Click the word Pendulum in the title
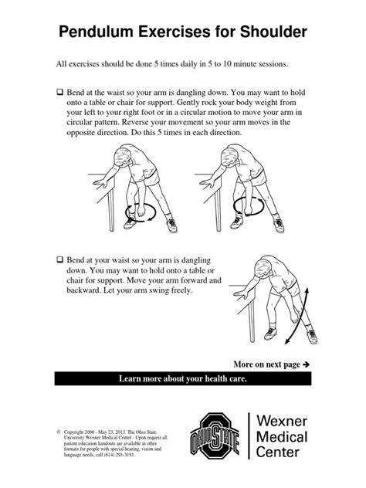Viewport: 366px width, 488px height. [97, 32]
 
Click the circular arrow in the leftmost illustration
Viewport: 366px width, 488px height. [144, 210]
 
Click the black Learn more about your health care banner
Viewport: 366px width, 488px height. [183, 379]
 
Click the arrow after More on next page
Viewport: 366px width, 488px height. [306, 363]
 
